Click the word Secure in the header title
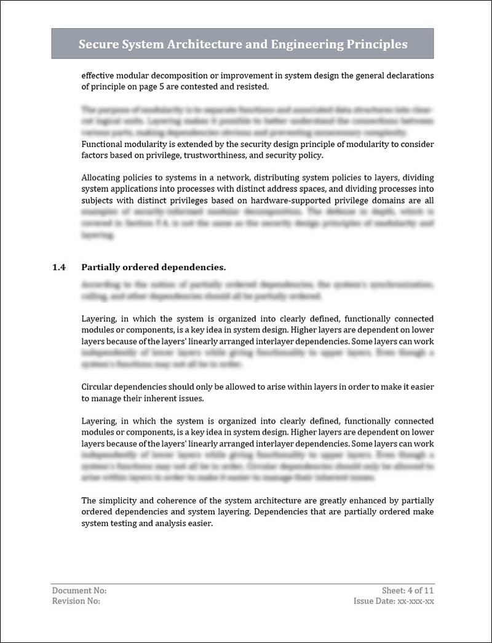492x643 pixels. point(99,44)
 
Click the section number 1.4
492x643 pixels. point(59,267)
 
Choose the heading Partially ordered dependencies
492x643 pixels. point(153,267)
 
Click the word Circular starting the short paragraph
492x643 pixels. point(98,387)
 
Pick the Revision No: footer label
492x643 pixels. point(76,601)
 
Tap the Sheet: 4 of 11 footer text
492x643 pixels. point(408,590)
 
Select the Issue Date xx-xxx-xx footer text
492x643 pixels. point(394,601)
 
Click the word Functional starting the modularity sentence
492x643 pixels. point(103,144)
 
